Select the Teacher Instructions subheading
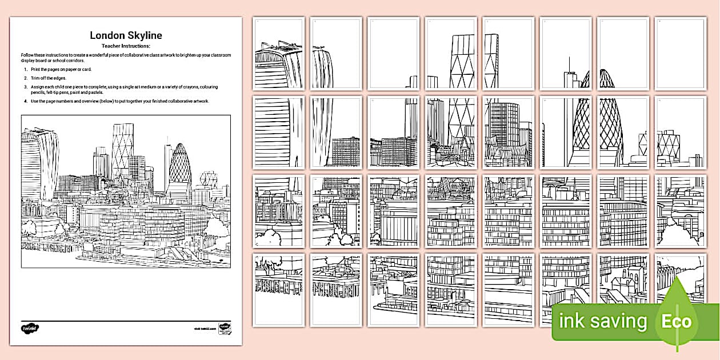point(126,45)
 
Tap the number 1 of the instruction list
point(25,69)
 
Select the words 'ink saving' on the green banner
point(602,322)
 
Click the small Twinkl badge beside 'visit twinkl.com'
point(225,329)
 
